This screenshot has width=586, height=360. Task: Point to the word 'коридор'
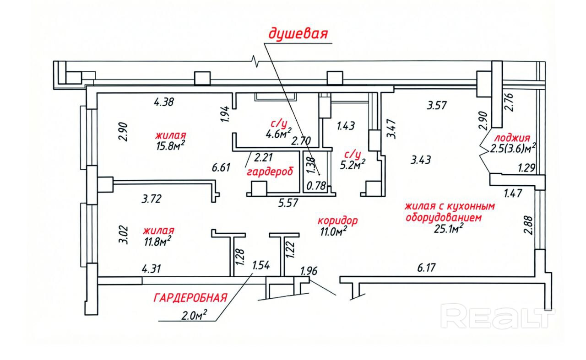338,220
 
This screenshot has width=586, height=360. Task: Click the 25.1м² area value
449,229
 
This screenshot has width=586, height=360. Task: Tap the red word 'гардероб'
269,172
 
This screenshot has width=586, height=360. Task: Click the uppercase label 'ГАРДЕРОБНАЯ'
190,298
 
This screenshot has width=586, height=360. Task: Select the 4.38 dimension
163,102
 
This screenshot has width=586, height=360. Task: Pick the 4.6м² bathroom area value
279,134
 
